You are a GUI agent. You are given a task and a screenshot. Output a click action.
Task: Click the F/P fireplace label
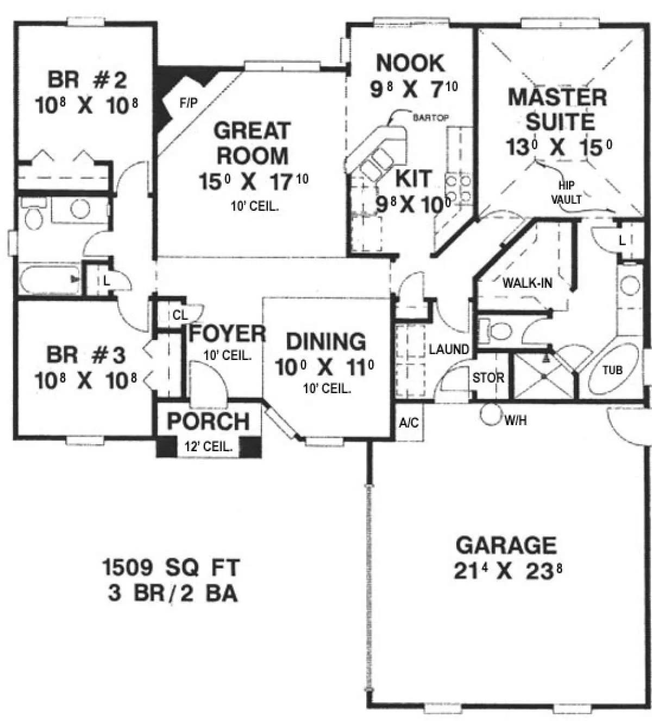(x=189, y=103)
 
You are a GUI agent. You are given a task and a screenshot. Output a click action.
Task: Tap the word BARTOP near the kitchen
(x=430, y=117)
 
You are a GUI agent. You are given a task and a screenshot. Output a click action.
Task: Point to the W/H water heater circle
(x=490, y=415)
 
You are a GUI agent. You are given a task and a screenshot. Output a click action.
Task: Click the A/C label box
(x=409, y=423)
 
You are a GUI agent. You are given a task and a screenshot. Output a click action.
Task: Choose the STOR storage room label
(x=488, y=377)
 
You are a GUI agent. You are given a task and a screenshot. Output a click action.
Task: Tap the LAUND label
(x=449, y=349)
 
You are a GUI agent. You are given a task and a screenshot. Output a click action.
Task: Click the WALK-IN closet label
(x=527, y=283)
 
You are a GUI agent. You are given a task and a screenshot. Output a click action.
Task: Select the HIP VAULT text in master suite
(x=566, y=192)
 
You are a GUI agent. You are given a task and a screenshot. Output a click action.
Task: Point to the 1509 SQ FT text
(x=171, y=567)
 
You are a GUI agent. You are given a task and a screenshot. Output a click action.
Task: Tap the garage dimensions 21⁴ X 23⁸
(x=507, y=572)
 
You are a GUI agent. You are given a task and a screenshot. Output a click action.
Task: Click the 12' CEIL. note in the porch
(x=208, y=446)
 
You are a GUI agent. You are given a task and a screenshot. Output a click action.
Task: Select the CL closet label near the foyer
(x=180, y=315)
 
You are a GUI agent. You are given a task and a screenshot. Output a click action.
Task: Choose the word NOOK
(x=411, y=63)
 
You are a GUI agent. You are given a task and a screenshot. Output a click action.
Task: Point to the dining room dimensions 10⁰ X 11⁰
(x=324, y=368)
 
